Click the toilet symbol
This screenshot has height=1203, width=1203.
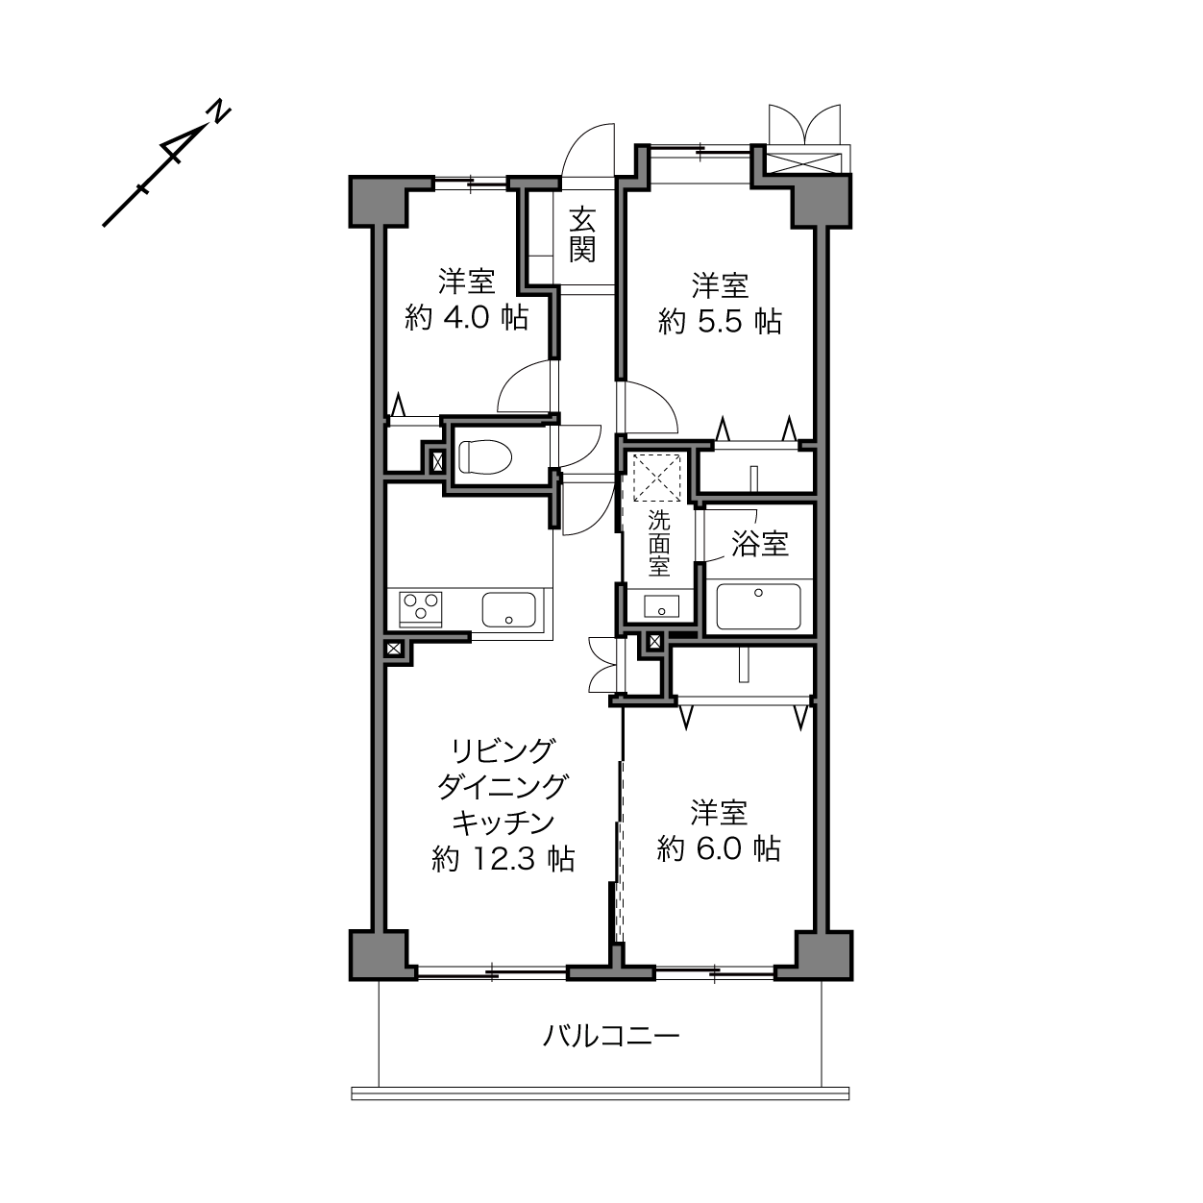tap(484, 457)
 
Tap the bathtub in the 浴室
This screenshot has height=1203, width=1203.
tap(758, 606)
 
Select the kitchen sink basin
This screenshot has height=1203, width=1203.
tap(508, 610)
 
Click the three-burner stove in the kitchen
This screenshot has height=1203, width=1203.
tap(421, 609)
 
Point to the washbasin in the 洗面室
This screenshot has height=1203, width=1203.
tap(661, 606)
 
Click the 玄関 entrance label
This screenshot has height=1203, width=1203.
tap(582, 234)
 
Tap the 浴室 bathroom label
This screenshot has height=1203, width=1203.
tap(760, 544)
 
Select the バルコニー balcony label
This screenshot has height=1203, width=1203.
tap(610, 1037)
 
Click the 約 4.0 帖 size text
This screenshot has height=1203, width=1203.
tap(466, 318)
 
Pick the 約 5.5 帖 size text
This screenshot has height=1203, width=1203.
tap(719, 322)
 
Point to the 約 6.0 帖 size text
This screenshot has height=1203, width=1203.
tap(719, 849)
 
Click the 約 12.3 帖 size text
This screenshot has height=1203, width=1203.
tap(503, 859)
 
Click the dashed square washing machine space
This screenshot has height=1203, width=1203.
tap(657, 479)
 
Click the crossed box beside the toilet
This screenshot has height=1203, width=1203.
tap(437, 462)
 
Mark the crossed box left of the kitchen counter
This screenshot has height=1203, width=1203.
tap(394, 649)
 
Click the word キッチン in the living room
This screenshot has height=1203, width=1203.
tap(503, 822)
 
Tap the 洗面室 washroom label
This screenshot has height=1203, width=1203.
tap(658, 543)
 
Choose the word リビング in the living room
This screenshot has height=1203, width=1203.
tap(503, 750)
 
